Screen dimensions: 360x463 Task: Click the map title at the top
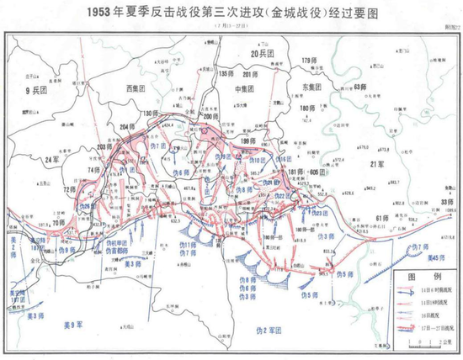[231, 14]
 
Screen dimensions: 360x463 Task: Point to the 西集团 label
[136, 87]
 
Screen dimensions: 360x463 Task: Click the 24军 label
[55, 158]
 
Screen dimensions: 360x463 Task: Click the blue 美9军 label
[75, 324]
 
